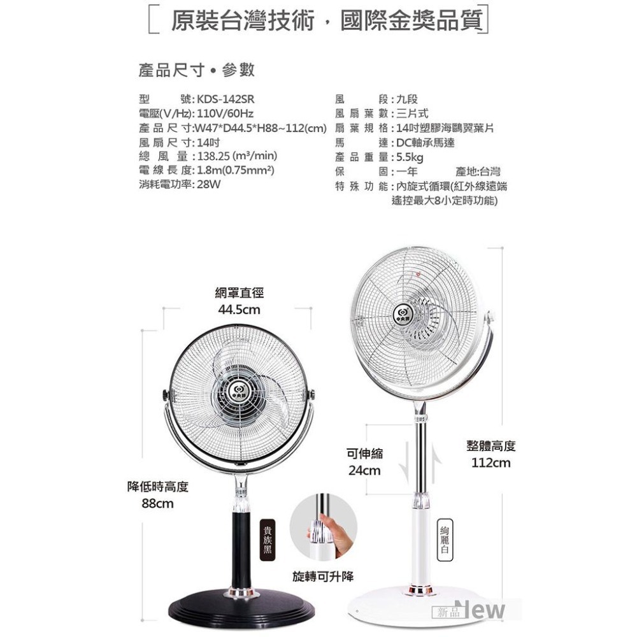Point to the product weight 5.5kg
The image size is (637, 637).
click(x=410, y=157)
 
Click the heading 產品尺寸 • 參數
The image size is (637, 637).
click(x=196, y=69)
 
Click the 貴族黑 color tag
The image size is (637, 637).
click(x=268, y=541)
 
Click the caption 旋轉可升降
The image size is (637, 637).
click(x=323, y=576)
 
